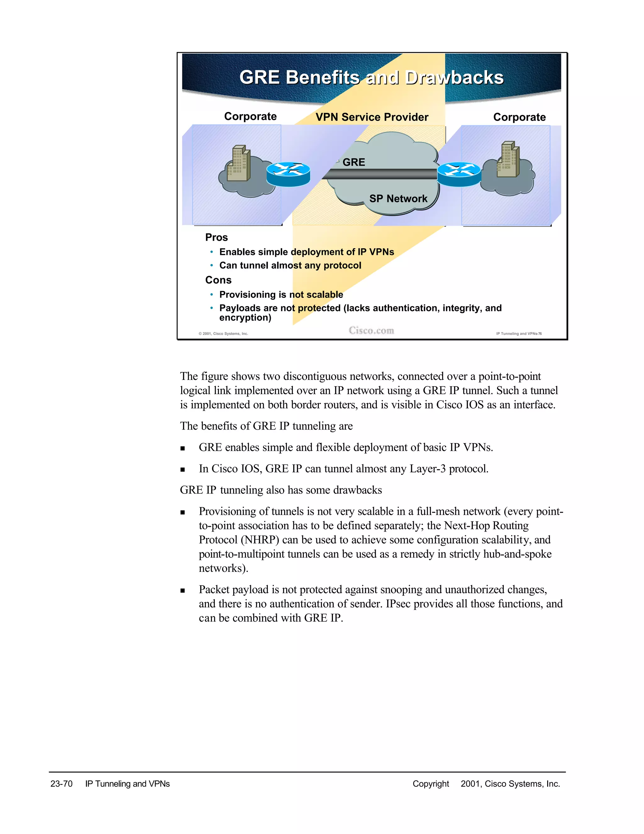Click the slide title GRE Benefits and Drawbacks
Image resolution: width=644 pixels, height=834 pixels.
click(x=371, y=77)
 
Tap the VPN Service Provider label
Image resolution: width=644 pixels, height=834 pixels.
click(x=372, y=117)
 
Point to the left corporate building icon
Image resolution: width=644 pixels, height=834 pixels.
click(x=238, y=163)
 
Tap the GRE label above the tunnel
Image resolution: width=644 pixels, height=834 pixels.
click(x=354, y=162)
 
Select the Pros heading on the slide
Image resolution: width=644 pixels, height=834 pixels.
click(x=216, y=238)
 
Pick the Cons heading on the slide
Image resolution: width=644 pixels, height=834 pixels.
click(x=218, y=280)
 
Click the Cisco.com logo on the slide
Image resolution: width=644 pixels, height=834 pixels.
click(x=371, y=331)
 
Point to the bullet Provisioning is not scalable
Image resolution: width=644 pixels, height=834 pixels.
click(x=281, y=295)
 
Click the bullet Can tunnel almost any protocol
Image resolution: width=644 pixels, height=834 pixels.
click(x=290, y=265)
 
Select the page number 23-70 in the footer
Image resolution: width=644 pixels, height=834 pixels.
click(x=61, y=784)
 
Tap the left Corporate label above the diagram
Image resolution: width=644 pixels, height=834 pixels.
click(x=250, y=116)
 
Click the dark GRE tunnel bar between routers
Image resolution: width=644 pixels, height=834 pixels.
click(x=380, y=174)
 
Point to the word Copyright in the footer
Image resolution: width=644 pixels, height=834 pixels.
click(x=431, y=784)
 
